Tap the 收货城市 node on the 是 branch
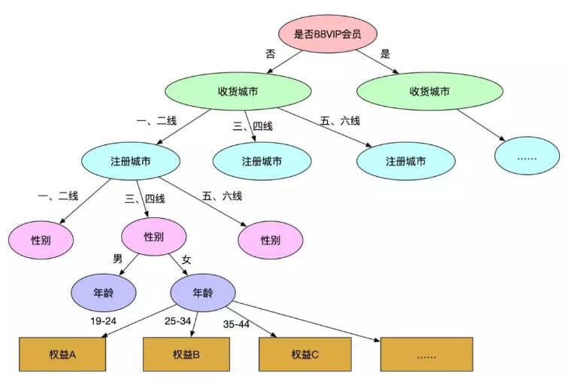(429, 92)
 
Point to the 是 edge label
(386, 54)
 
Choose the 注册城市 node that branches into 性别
(131, 162)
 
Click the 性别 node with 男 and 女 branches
(153, 237)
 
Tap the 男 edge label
(117, 259)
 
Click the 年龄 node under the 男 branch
(104, 292)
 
